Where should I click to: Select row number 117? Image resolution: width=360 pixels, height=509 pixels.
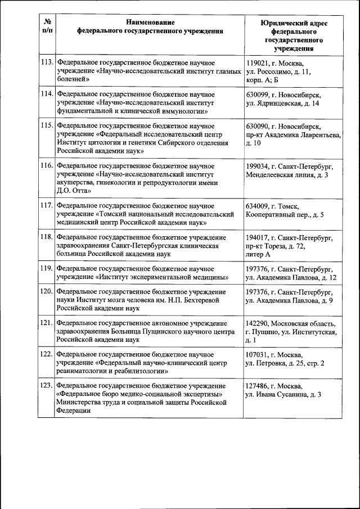[x=47, y=206]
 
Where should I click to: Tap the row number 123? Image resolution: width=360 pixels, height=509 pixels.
[x=47, y=386]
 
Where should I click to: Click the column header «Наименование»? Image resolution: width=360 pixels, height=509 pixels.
[x=150, y=22]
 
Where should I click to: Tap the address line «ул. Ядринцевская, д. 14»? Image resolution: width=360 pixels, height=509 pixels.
[x=283, y=103]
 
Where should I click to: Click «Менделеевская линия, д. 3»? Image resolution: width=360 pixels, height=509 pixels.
[x=287, y=175]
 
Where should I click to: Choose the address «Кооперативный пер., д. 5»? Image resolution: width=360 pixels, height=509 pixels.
[x=285, y=215]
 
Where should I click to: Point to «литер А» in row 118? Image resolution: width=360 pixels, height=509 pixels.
[x=259, y=255]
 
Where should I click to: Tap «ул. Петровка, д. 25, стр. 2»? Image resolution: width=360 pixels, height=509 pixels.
[x=285, y=363]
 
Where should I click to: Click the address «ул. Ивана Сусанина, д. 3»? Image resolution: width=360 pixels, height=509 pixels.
[x=283, y=395]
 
